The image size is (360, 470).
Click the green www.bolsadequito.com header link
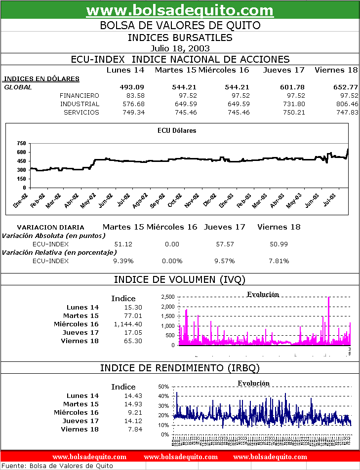point(180,10)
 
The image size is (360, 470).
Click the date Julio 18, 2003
point(180,48)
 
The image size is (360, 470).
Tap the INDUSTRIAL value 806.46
point(346,104)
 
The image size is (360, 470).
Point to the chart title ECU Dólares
point(176,131)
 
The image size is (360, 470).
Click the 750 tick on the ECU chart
point(21,143)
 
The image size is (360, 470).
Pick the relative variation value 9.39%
point(123,261)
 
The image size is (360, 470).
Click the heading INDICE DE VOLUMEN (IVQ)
point(180,280)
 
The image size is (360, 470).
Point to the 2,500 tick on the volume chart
point(167,297)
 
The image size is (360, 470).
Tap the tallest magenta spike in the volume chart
point(329,298)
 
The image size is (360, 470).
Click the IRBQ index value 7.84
point(134,429)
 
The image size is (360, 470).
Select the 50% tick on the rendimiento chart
point(164,387)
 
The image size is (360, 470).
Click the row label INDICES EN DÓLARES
point(41,78)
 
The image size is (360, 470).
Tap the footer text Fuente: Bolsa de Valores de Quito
point(58,466)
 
